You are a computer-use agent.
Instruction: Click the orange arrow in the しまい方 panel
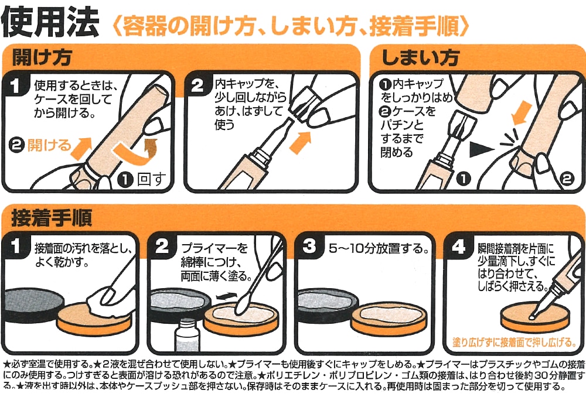click(x=519, y=114)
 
